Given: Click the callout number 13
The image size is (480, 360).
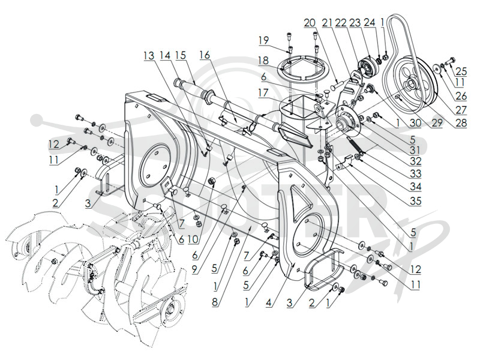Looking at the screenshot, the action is click(x=149, y=56).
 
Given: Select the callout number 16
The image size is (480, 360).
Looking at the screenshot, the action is click(x=205, y=55).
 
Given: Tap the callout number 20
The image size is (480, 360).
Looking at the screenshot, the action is click(x=310, y=23).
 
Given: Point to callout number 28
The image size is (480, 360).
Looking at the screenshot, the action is click(x=461, y=123).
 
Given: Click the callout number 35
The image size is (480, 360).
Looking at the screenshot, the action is click(x=415, y=201).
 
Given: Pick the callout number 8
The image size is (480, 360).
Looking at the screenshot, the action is click(x=216, y=302).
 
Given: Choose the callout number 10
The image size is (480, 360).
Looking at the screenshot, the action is click(x=193, y=239).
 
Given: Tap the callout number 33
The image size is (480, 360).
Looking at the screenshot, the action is click(x=415, y=173).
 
